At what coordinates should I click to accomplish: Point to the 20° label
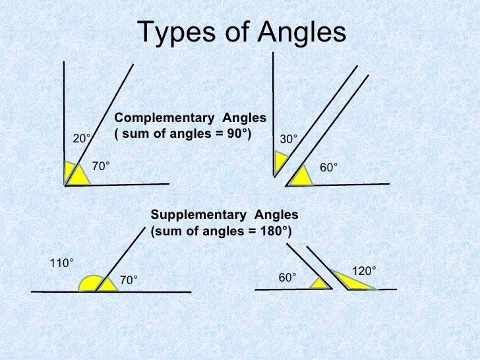(81, 139)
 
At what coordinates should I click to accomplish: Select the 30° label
(288, 139)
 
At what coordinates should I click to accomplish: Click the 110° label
(62, 264)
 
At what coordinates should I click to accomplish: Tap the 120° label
(364, 271)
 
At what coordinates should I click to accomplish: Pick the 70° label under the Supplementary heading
(129, 282)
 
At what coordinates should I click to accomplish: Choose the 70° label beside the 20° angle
(100, 167)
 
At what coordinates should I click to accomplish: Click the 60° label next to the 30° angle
(329, 167)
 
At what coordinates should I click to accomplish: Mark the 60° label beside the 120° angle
(287, 278)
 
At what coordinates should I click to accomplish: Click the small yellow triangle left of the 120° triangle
(320, 284)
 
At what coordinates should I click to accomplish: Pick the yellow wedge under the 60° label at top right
(301, 176)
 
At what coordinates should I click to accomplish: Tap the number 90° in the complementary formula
(238, 133)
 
